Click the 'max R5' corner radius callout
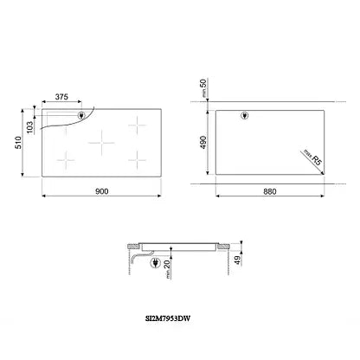pyautogui.click(x=312, y=157)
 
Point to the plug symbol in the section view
pyautogui.click(x=154, y=264)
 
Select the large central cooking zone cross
pyautogui.click(x=103, y=139)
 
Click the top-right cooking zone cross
pyautogui.click(x=137, y=124)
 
